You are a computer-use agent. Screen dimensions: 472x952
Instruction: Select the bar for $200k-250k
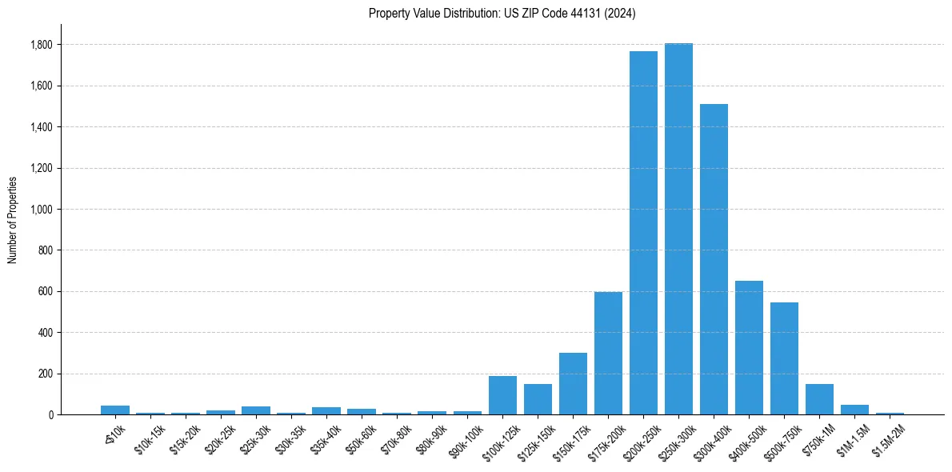click(x=643, y=233)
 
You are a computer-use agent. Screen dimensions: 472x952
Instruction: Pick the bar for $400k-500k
click(x=749, y=348)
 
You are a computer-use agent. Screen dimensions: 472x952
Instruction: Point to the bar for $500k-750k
click(x=784, y=358)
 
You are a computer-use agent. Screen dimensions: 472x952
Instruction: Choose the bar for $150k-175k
click(x=573, y=384)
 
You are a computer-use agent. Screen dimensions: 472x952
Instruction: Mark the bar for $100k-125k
click(x=502, y=395)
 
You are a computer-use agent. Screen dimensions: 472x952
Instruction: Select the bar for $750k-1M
click(x=819, y=399)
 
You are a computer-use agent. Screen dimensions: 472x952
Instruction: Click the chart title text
click(x=502, y=14)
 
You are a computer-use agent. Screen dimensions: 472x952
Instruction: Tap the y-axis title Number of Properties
click(x=13, y=220)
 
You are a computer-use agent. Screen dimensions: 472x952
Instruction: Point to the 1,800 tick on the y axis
click(x=42, y=45)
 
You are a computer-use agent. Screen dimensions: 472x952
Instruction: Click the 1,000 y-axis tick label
click(x=42, y=210)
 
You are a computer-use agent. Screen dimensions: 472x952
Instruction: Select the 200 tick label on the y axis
click(x=46, y=374)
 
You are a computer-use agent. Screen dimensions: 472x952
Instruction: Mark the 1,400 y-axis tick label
click(x=42, y=127)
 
